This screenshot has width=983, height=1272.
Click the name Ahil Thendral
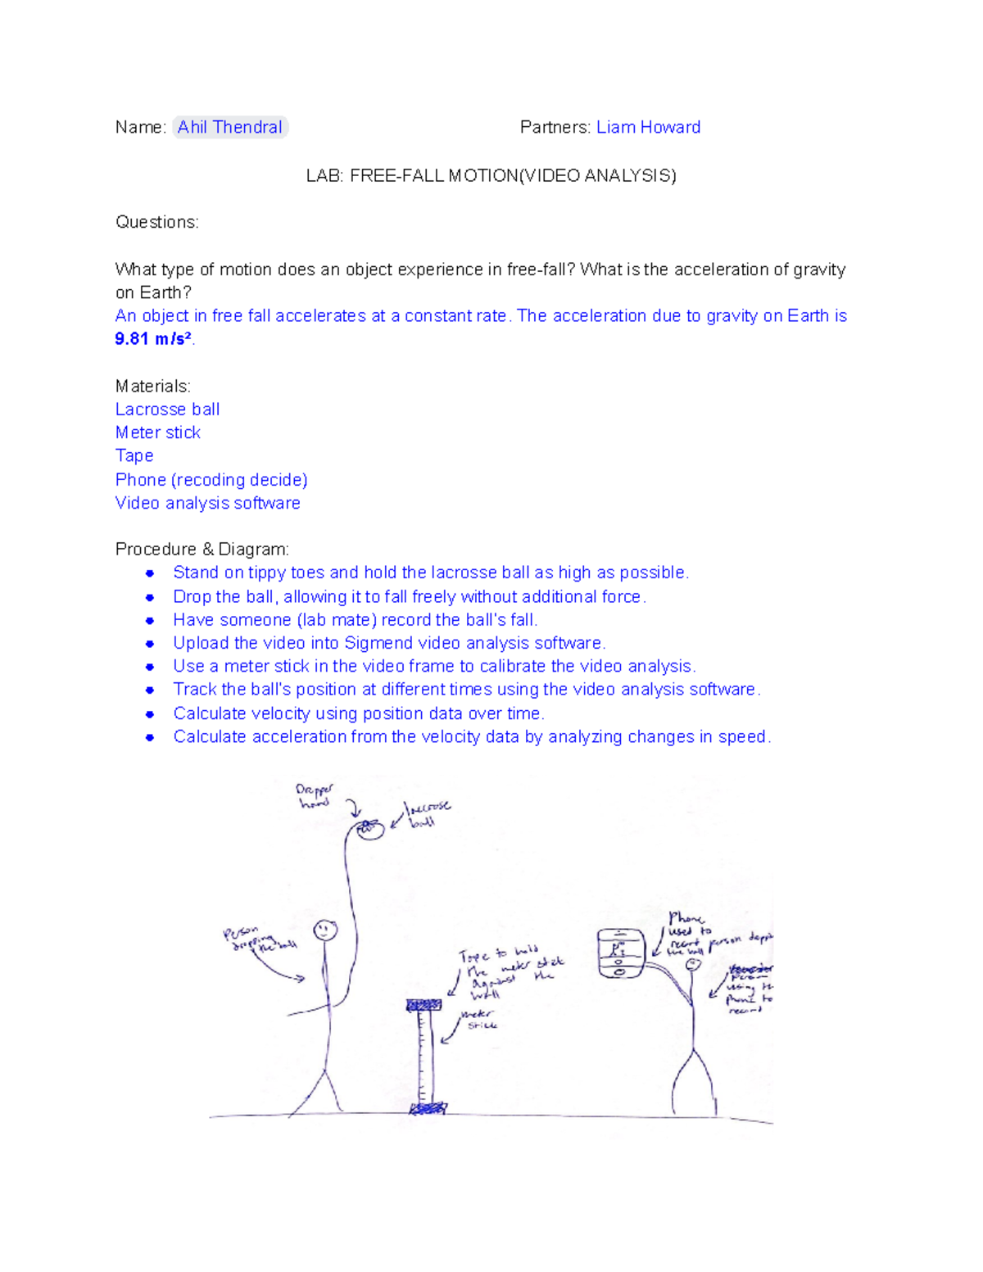pos(229,127)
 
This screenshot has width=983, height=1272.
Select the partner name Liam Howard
pos(648,127)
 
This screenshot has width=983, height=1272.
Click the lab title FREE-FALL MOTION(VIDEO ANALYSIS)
pos(513,175)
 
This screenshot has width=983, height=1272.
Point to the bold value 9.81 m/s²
pos(153,339)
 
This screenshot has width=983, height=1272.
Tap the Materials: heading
pos(152,386)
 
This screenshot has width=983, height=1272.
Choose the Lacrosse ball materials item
pos(167,410)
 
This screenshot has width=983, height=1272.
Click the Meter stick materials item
pos(157,432)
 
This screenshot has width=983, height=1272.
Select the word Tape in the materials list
pos(134,455)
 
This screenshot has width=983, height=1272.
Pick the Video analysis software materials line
pos(207,503)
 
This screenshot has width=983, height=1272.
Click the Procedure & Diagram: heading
pos(202,549)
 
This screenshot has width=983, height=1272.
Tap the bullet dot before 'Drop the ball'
pos(150,597)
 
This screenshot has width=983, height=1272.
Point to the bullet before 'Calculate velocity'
pos(150,714)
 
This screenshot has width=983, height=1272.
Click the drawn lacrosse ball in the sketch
pos(370,830)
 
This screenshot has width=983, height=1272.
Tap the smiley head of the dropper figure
pos(325,930)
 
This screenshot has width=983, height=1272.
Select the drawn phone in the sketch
pos(620,953)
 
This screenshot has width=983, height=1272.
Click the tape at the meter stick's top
pos(424,1005)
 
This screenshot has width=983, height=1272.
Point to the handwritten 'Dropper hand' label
pos(315,795)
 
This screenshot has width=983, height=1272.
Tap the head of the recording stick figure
pos(694,966)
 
